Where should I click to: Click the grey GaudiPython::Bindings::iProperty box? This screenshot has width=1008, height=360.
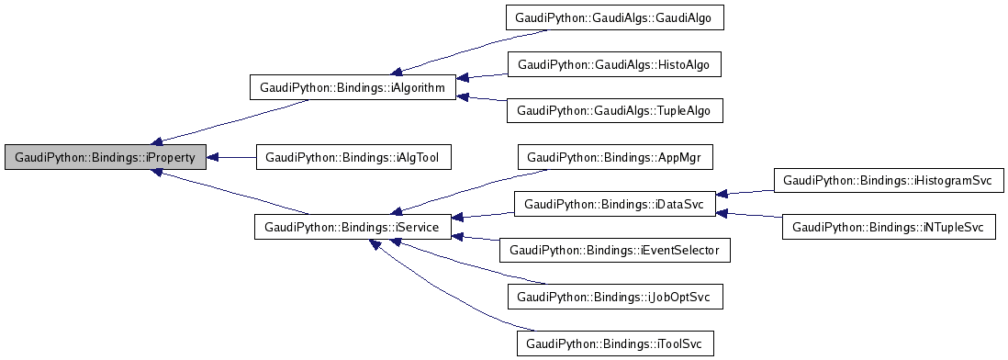105,157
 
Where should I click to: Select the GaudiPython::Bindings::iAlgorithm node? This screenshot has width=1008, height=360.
353,88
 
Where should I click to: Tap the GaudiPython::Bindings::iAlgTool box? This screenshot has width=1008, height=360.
353,157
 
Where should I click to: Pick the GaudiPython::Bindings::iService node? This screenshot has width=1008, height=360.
353,226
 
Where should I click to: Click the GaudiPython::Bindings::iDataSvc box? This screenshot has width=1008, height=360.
614,203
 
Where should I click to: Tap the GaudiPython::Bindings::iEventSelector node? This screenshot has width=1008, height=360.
615,249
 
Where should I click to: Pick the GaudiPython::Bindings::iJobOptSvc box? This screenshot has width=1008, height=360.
613,298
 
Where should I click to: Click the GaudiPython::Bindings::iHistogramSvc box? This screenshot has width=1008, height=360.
884,180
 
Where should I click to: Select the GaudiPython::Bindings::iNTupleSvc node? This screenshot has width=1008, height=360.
889,226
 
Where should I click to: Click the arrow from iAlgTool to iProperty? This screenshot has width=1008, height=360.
231,157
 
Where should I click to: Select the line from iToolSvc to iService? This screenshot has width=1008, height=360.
450,294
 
